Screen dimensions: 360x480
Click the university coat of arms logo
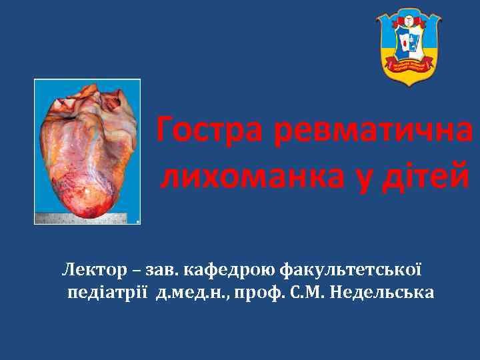tap(409, 47)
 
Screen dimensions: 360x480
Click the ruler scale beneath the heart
tap(80, 217)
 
